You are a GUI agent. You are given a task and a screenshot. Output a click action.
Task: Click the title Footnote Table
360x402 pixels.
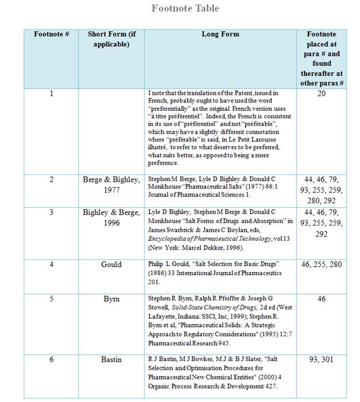[x=185, y=9]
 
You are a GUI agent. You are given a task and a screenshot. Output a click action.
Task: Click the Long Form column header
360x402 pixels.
[x=220, y=35]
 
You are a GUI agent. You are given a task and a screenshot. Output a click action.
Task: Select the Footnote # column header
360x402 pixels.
[x=51, y=35]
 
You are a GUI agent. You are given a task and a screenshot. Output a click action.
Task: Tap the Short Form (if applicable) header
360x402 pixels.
[x=112, y=39]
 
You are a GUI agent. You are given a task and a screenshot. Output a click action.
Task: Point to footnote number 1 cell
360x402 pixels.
[x=51, y=93]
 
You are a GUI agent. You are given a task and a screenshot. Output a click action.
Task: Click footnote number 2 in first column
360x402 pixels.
[x=51, y=180]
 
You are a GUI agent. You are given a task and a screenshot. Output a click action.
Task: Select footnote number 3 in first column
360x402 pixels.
[x=51, y=213]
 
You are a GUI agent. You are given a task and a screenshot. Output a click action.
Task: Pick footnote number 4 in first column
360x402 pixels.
[x=51, y=265]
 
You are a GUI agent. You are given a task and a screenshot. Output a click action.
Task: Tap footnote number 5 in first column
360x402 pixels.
[x=51, y=299]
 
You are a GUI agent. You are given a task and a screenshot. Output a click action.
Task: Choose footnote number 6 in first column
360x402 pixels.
[x=51, y=359]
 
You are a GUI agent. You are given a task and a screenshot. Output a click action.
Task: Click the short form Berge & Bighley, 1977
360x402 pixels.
[x=112, y=184]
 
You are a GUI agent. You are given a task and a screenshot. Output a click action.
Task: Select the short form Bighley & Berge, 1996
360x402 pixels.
[x=112, y=217]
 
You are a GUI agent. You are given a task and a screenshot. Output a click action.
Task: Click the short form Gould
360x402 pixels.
[x=112, y=265]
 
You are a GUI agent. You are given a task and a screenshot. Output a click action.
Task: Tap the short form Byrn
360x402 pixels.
[x=112, y=299]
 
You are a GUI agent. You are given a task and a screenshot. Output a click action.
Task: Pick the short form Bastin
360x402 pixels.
[x=112, y=359]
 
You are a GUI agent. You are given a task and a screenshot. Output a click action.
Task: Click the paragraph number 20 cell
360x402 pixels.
[x=321, y=93]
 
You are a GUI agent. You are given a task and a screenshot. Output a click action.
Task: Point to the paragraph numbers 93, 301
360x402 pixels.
[x=321, y=359]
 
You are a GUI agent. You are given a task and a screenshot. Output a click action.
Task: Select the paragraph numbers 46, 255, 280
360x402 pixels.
[x=321, y=265]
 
